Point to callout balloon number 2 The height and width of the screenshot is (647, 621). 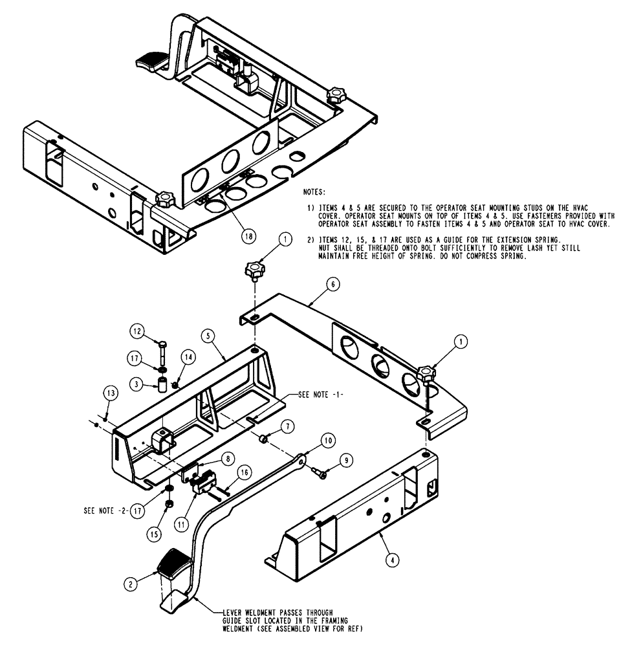(x=133, y=583)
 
